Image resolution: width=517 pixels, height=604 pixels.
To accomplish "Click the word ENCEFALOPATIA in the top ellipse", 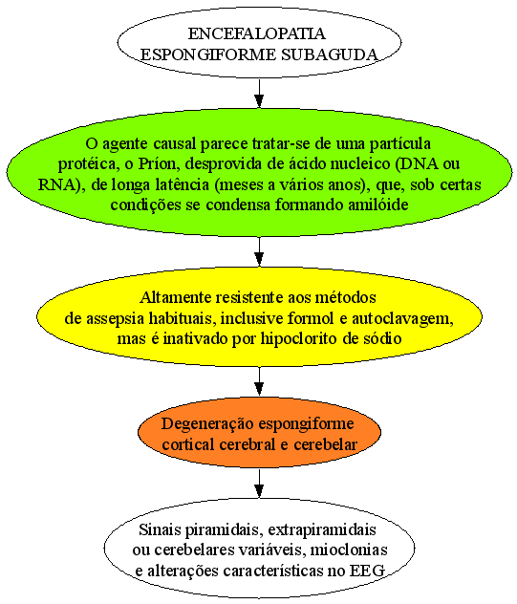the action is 256,33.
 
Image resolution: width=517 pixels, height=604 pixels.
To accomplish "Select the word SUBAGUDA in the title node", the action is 330,54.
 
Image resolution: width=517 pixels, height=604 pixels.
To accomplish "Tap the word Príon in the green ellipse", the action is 156,163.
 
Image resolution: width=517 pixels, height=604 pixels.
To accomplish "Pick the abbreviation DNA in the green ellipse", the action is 417,163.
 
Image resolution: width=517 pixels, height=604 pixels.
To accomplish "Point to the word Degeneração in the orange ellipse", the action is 207,424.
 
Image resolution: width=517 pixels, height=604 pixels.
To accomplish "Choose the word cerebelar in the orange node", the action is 326,444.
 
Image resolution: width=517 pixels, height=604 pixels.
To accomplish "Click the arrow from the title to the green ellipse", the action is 259,94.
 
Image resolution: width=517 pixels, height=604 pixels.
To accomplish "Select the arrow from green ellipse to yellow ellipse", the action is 259,251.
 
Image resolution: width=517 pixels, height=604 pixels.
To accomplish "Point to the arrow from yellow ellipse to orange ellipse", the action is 259,381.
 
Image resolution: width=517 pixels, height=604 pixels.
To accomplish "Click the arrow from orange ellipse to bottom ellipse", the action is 259,484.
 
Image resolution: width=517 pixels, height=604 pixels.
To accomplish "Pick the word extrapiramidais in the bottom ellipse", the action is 322,529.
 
